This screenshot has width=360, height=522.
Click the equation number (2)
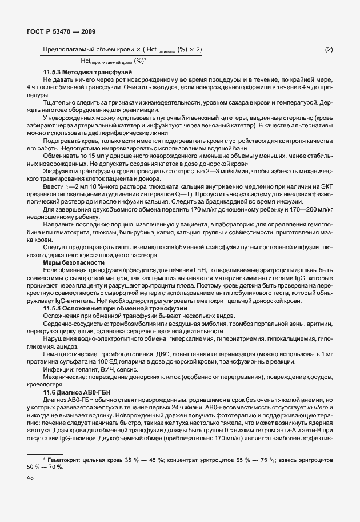(329, 50)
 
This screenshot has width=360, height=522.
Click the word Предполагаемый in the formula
(67, 50)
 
